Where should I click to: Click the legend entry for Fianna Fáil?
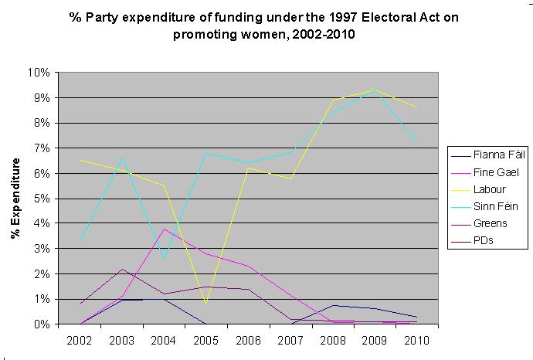coord(500,155)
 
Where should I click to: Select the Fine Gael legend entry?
coord(499,172)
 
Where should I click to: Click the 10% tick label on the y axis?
coord(39,73)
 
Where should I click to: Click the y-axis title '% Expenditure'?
coord(15,199)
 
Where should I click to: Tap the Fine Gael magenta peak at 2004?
coord(165,229)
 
